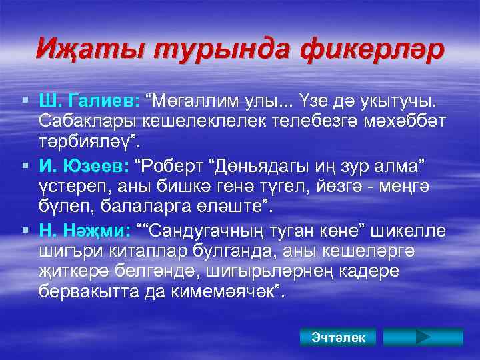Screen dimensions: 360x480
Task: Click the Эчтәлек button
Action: pyautogui.click(x=338, y=337)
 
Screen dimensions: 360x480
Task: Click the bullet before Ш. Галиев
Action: pyautogui.click(x=25, y=101)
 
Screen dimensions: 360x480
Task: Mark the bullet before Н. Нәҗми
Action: pyautogui.click(x=25, y=231)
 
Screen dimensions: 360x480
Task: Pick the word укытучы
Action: pyautogui.click(x=396, y=101)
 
